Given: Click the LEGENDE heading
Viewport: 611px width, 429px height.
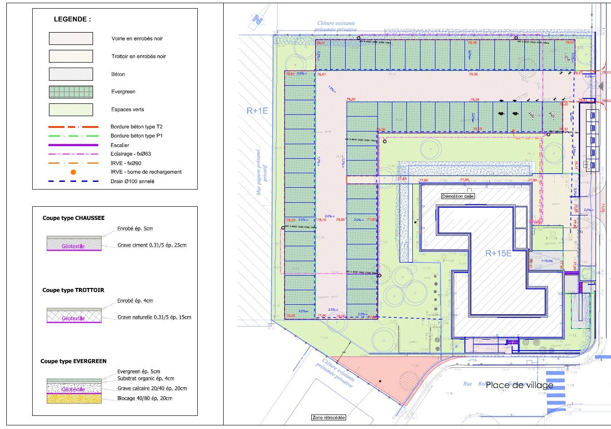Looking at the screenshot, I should tap(72, 19).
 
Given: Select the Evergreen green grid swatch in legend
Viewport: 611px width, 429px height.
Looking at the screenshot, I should tap(71, 92).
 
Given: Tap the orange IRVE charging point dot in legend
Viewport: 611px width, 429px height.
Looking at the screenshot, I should tap(73, 172).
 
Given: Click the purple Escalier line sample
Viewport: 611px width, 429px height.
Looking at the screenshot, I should tap(73, 145).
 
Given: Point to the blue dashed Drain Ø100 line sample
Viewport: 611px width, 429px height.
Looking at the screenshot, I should tap(73, 181).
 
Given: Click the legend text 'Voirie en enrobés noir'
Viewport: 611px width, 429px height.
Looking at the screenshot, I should tap(137, 39).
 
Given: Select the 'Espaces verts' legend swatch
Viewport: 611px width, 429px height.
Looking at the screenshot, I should tap(71, 110).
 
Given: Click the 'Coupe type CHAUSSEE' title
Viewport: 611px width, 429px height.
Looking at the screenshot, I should tap(73, 218).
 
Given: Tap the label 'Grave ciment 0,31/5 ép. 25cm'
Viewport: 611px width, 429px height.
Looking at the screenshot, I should tap(152, 245).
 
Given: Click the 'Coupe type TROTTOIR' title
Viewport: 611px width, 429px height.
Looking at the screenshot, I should tap(73, 290).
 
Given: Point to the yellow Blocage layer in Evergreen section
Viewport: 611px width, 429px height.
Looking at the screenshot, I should tap(74, 399).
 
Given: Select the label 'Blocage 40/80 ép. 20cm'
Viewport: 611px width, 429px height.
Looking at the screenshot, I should tap(145, 398).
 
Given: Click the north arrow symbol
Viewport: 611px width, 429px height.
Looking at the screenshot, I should tap(257, 20).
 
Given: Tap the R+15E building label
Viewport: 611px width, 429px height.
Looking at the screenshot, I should tap(498, 253).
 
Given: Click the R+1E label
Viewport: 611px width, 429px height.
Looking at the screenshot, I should tap(257, 111).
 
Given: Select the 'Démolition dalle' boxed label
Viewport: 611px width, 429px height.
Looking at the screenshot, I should tap(458, 196).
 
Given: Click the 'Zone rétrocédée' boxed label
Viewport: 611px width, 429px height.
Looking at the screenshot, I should tap(328, 417).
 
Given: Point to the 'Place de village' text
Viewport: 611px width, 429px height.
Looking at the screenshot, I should tap(519, 385).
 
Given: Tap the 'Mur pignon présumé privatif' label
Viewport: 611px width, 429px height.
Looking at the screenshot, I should tap(262, 172).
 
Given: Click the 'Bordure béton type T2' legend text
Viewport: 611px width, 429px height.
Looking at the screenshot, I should tap(136, 127).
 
